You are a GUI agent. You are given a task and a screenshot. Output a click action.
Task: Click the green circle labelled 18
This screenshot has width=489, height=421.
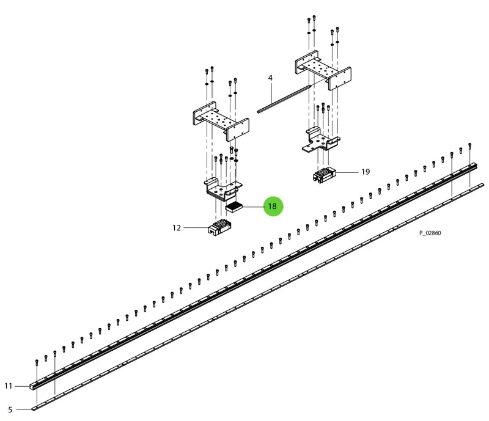coord(273,206)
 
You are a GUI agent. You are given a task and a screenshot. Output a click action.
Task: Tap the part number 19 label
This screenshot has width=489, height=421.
coord(366,172)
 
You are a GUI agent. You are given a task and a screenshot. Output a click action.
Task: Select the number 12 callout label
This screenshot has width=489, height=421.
coord(177,228)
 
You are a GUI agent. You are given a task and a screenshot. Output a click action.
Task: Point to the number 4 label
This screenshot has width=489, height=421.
coord(270,78)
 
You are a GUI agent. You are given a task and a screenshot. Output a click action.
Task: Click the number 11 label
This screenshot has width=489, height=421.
coord(9,386)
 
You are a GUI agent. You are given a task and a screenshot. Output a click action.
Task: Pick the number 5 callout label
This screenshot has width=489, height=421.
coord(10,410)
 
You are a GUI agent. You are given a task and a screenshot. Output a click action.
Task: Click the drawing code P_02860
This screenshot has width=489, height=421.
coord(430,233)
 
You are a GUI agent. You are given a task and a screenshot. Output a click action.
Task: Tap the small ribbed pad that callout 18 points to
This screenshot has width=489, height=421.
coord(234,207)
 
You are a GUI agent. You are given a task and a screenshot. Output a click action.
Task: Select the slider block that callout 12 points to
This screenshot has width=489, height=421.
coord(219,227)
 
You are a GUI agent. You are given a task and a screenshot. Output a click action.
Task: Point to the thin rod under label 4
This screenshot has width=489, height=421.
coord(284,98)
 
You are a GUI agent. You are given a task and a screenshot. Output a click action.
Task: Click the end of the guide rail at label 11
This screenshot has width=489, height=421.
coord(32,387)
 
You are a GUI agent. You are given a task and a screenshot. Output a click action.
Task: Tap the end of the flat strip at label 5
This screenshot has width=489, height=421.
coord(34,409)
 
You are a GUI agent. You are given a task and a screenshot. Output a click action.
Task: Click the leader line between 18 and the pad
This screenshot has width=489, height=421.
coord(253,207)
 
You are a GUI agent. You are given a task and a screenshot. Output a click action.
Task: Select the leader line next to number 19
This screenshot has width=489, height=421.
coord(347,172)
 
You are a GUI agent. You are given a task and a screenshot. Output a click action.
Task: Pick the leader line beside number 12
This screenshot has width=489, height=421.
coord(196,228)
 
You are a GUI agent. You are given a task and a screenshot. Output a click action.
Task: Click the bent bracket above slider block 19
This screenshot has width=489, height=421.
coord(320,141)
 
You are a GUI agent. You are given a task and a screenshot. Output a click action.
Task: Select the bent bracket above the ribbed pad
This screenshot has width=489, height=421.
coord(223,189)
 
